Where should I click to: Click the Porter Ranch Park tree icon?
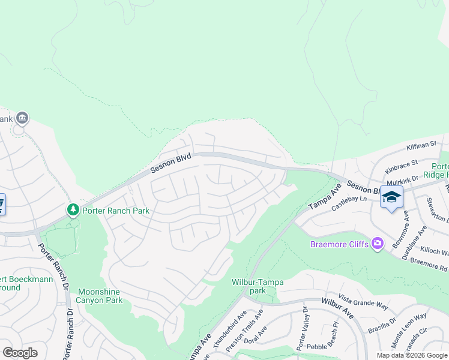[73, 209]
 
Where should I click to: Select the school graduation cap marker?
[391, 197]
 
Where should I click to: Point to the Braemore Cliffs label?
[340, 244]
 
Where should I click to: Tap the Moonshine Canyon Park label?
[100, 296]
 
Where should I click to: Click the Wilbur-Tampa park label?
[258, 286]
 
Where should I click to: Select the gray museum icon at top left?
[22, 118]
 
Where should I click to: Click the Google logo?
[20, 352]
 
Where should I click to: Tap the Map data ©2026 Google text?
[411, 355]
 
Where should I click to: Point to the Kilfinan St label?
[420, 145]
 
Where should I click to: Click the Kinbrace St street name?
[402, 164]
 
